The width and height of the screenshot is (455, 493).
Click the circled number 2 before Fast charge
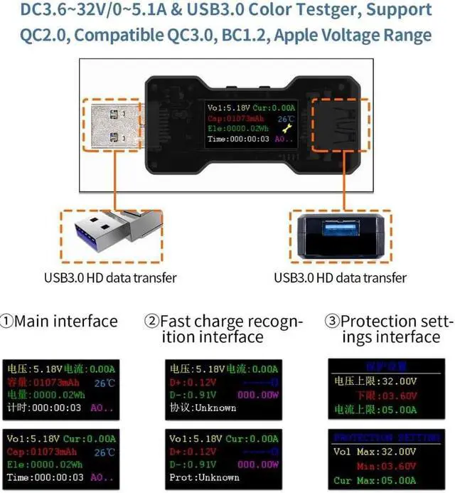pos(151,322)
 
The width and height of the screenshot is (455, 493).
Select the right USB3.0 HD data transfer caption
pos(341,277)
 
